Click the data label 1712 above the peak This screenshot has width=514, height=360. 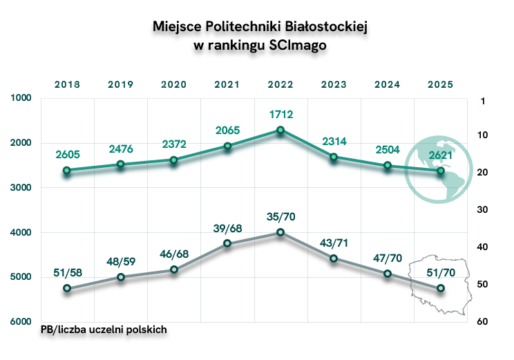[280, 112]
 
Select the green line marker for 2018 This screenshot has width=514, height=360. [67, 170]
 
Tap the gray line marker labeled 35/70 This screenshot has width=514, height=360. [280, 232]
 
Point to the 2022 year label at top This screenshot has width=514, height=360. [280, 84]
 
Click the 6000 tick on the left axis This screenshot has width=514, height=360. [22, 321]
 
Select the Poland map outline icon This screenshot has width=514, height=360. [437, 285]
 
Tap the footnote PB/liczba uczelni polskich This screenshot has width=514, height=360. [104, 330]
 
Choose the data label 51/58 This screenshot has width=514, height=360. [67, 272]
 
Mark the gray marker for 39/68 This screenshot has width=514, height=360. [227, 244]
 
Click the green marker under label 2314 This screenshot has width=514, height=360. [334, 157]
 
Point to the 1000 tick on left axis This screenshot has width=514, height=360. [22, 98]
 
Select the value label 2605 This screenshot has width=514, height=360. [67, 153]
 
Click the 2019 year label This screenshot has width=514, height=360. [120, 84]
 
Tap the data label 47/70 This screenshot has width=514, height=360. [387, 257]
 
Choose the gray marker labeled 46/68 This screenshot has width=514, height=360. [173, 269]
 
